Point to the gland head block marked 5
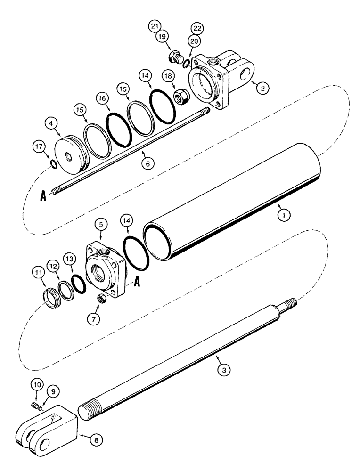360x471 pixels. pos(104,268)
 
